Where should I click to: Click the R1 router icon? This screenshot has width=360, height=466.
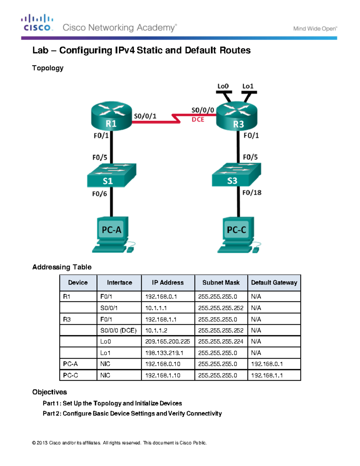111,116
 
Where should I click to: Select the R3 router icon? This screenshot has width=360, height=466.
237,117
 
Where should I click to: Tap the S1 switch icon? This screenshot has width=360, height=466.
111,175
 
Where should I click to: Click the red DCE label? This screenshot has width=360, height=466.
198,119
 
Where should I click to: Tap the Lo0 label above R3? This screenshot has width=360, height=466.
223,86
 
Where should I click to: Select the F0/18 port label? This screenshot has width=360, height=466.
252,193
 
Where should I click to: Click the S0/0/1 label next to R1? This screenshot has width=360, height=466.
145,116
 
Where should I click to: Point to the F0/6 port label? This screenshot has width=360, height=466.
99,194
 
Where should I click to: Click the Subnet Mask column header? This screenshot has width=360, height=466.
221,283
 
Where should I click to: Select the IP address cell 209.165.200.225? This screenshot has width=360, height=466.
167,341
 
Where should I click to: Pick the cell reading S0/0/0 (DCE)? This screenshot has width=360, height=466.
118,330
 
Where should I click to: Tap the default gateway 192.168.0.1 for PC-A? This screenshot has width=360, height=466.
267,364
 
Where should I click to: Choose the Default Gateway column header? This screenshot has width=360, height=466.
274,283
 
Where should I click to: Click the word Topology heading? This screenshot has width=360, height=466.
48,68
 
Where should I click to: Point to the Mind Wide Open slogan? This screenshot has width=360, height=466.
315,29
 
